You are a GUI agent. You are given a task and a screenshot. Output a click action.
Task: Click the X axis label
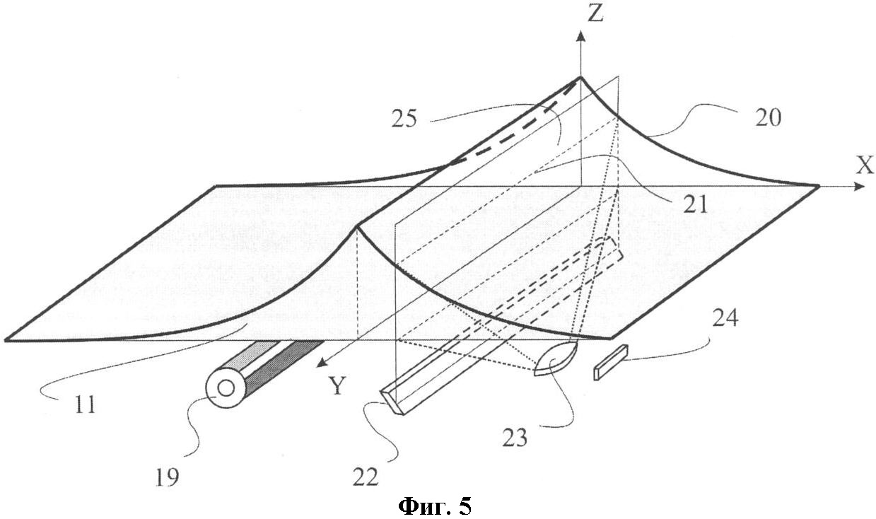coord(865,165)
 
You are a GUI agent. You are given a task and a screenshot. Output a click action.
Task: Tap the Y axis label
coord(337,385)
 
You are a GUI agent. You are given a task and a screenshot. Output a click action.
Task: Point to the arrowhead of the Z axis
coord(581,36)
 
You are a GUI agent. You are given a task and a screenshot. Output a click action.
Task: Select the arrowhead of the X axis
coord(859,187)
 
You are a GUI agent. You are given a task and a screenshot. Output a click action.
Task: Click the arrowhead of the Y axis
coord(322,363)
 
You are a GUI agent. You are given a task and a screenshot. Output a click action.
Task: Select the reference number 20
coord(768,117)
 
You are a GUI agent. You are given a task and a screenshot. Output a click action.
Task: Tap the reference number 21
coord(695,204)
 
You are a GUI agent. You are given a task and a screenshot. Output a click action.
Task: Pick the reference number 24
coord(725,318)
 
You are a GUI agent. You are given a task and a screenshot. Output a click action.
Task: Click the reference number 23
coord(515,437)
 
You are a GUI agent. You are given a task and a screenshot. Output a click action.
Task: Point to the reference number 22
coord(366,477)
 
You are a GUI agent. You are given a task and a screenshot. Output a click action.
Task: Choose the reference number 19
coord(168,477)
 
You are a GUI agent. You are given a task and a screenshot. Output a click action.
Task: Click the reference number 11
coord(84,404)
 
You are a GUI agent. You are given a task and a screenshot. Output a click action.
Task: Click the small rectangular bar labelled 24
coord(610,362)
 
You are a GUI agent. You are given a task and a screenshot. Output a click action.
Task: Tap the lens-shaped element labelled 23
coord(555,358)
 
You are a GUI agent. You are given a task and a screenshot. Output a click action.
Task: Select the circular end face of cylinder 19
coord(226,388)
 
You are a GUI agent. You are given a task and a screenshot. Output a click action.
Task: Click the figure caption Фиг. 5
coord(435,506)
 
